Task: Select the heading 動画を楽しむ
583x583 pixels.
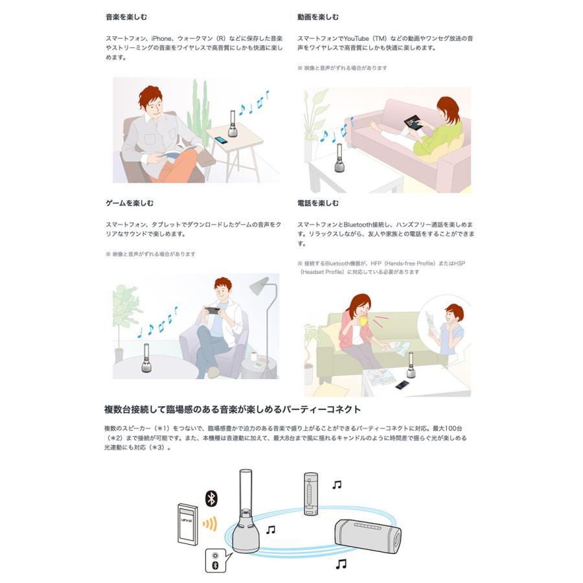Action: [x=318, y=17]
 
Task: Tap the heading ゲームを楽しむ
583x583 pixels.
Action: [x=130, y=203]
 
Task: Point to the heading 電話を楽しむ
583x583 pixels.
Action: [x=318, y=203]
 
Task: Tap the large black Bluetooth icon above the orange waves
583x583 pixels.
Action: [x=211, y=498]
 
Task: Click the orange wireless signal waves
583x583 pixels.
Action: [x=209, y=523]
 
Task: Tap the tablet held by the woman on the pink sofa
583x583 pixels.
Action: [x=412, y=122]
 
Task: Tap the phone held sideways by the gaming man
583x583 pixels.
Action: [x=212, y=309]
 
